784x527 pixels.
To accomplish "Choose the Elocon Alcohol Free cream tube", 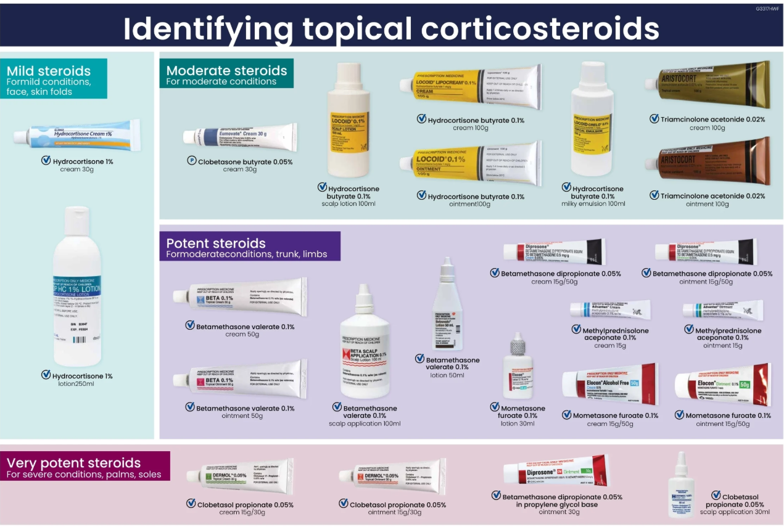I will [x=609, y=384].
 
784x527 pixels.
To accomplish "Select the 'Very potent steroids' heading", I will [x=73, y=463].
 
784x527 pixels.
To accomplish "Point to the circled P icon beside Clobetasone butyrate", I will [x=192, y=161].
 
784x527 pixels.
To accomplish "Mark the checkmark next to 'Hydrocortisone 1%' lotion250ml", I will [x=46, y=375].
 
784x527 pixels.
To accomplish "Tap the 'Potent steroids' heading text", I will [x=216, y=243].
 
